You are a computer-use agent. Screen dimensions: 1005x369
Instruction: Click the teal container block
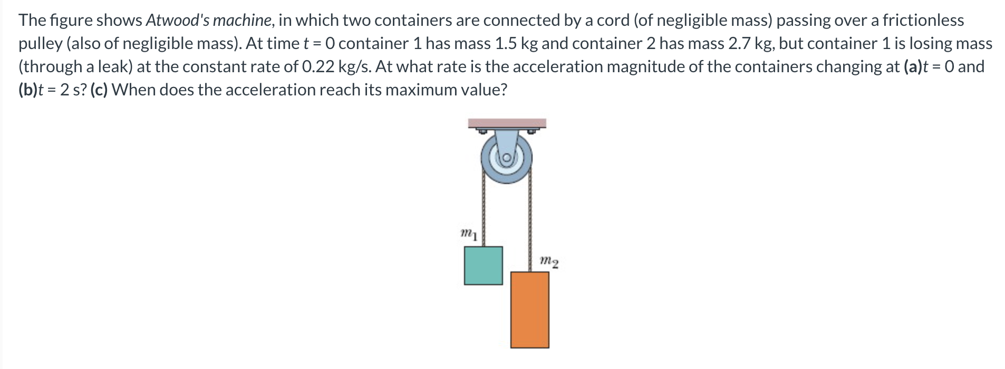483,265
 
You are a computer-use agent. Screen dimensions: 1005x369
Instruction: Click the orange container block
529,309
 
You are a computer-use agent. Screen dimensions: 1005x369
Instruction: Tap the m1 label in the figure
469,234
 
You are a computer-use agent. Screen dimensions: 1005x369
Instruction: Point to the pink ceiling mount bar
507,123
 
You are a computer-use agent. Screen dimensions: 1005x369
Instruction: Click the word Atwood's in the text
178,20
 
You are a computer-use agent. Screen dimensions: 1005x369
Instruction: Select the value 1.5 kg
517,43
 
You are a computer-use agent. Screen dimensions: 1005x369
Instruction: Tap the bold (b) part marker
28,90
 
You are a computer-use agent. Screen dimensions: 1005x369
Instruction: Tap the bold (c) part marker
99,90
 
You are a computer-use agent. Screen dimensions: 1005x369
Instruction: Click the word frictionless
923,20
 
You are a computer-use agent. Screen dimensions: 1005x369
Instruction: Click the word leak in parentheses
113,66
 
